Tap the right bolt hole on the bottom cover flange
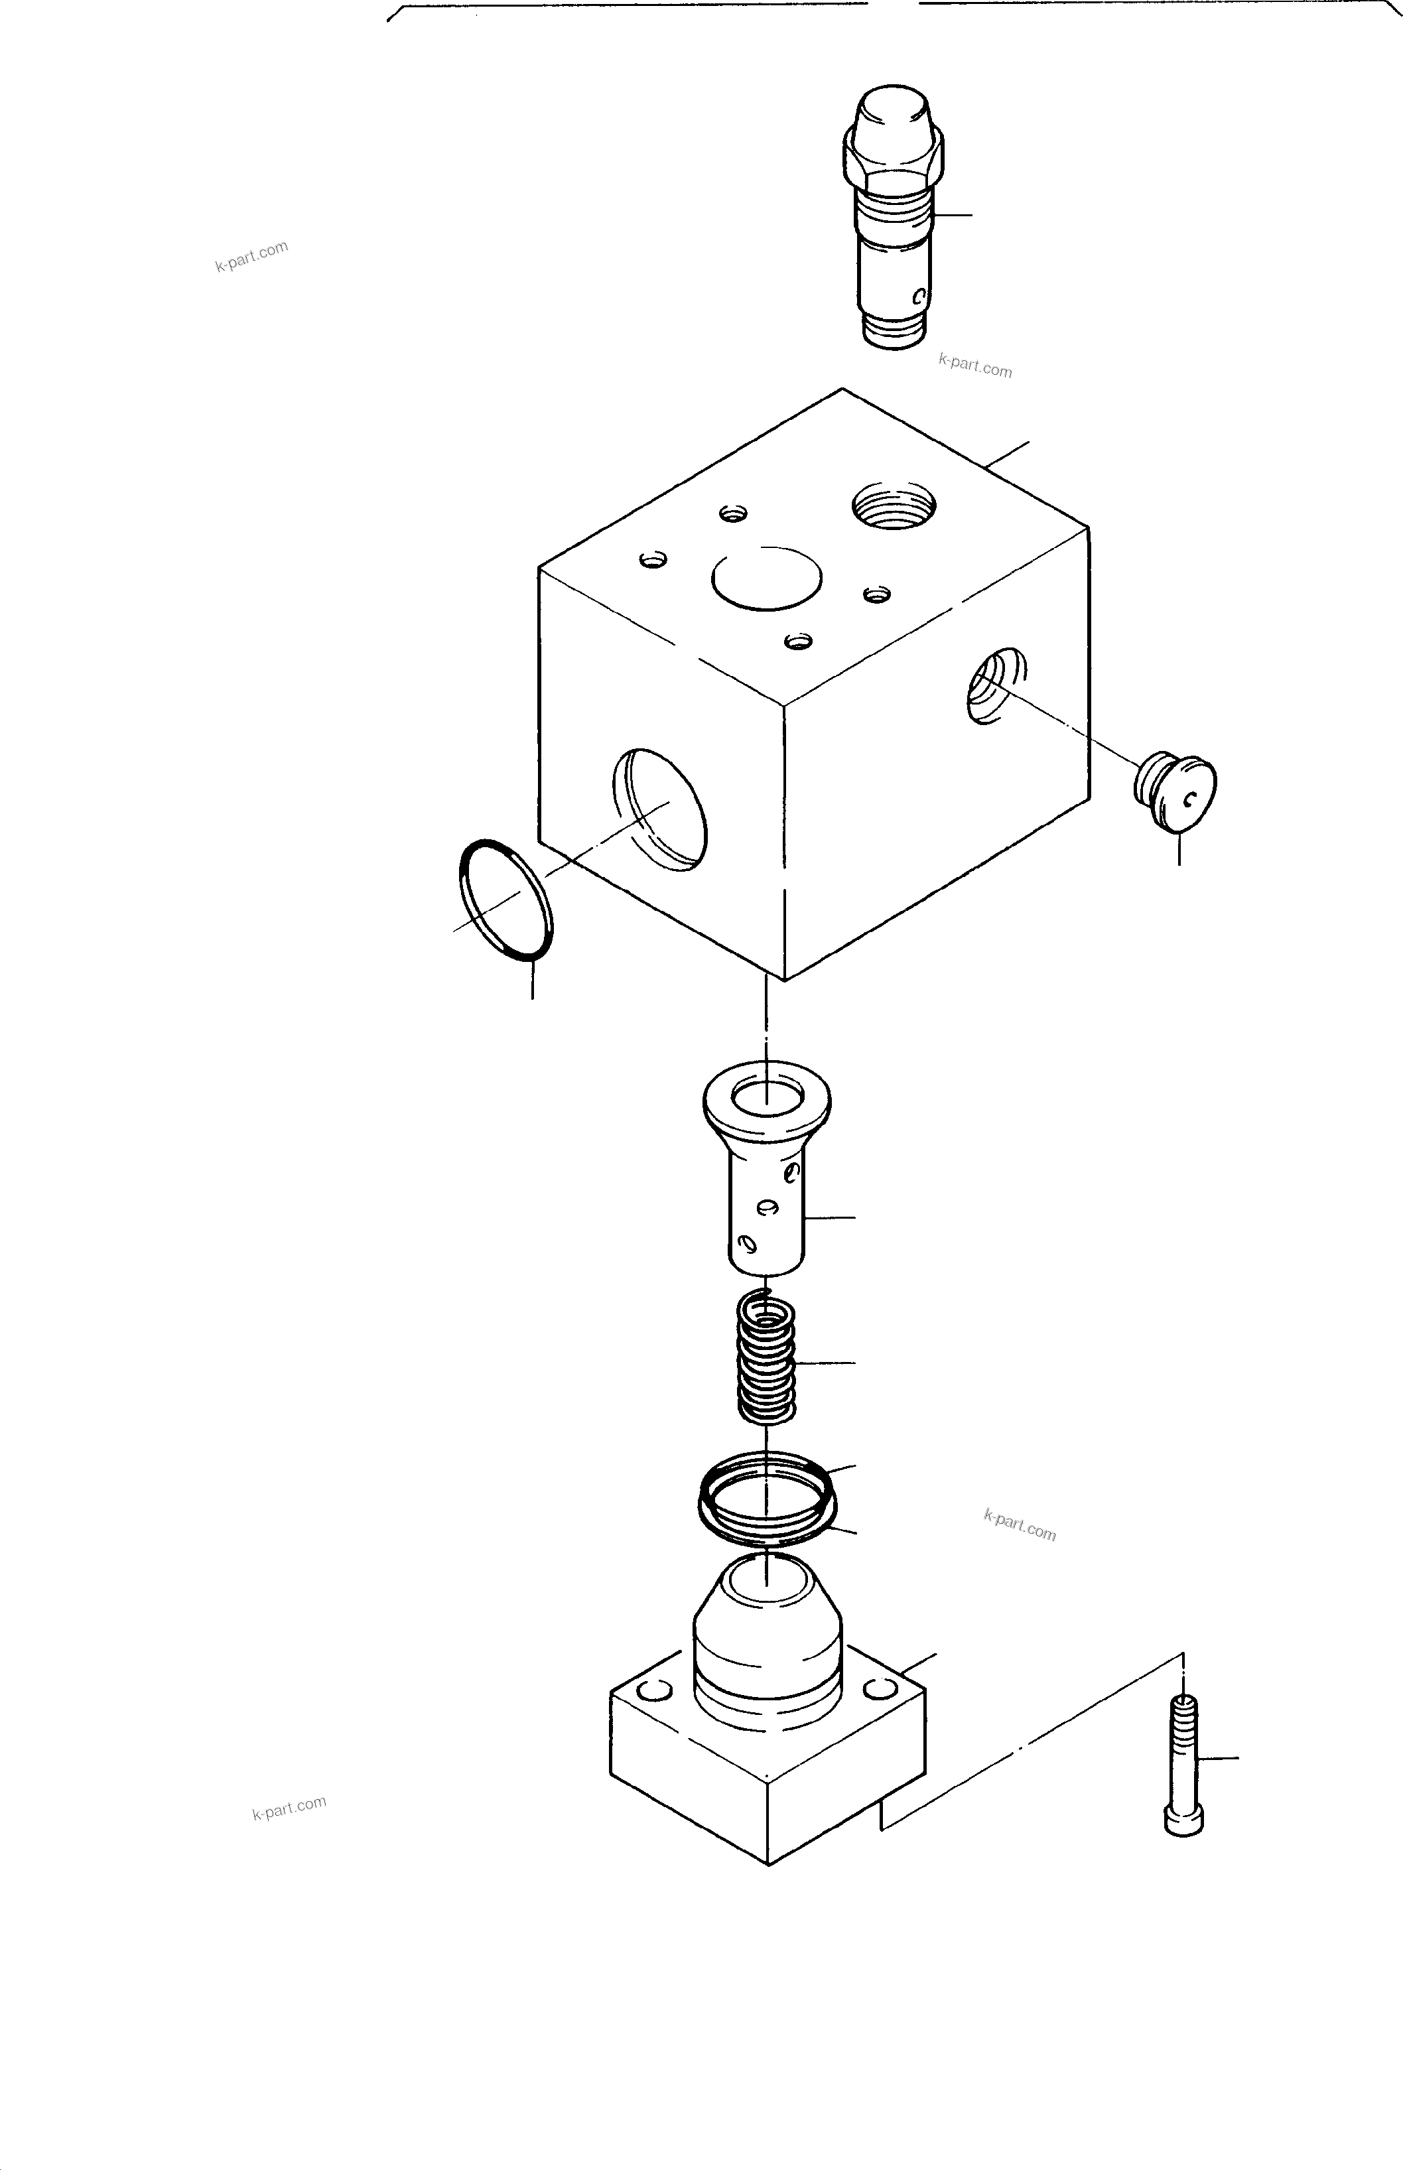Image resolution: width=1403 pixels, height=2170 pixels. pyautogui.click(x=880, y=1690)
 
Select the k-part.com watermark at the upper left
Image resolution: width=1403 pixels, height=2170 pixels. pyautogui.click(x=251, y=256)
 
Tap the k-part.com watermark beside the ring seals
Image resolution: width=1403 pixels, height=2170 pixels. pyautogui.click(x=1020, y=1525)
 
